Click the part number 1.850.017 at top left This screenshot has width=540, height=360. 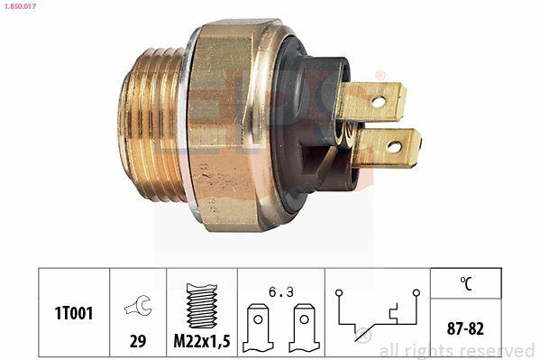[x=19, y=5]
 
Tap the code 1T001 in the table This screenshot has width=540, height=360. [x=74, y=313]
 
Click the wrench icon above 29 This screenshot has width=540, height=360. [x=138, y=305]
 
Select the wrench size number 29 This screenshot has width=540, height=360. [x=138, y=341]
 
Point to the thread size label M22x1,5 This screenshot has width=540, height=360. [x=202, y=341]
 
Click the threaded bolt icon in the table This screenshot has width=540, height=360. [x=201, y=306]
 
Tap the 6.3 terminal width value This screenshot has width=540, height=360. [x=281, y=292]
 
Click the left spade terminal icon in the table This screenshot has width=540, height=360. [x=258, y=328]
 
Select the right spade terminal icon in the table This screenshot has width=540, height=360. [x=305, y=328]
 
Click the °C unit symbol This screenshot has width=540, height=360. [x=466, y=283]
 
